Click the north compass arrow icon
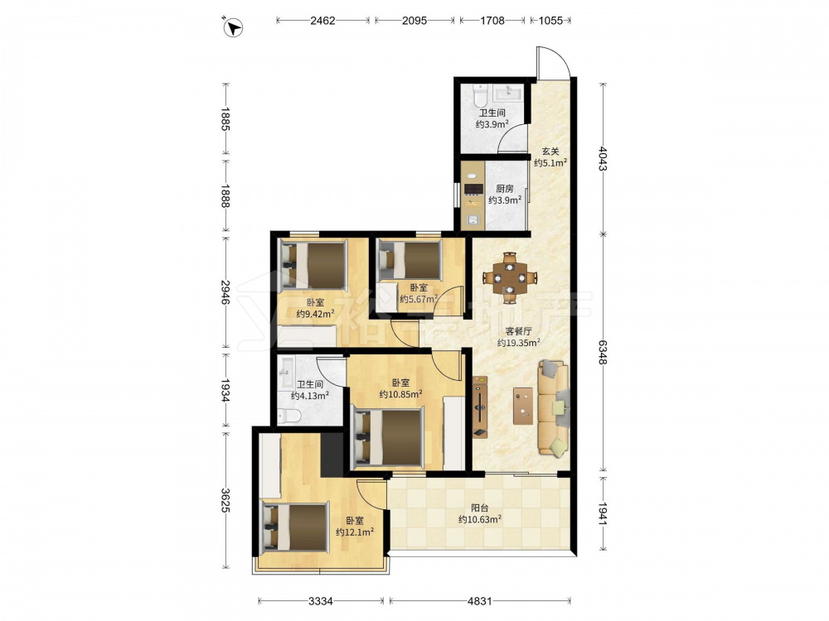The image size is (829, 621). (x=233, y=27)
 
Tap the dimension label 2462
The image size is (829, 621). (x=322, y=21)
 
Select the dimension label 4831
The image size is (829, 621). (x=480, y=601)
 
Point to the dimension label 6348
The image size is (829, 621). (x=603, y=352)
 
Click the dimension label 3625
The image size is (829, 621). (x=225, y=500)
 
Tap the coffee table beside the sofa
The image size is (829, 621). (x=523, y=406)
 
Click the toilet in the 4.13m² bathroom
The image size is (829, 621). (x=288, y=416)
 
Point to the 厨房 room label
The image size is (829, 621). (x=505, y=189)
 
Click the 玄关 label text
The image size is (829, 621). (x=550, y=152)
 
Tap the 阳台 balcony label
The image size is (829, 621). (x=479, y=508)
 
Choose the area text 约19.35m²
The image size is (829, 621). (x=518, y=343)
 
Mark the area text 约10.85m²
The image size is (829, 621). (x=400, y=394)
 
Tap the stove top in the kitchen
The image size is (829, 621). (x=473, y=189)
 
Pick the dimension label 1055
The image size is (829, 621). (x=550, y=21)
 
